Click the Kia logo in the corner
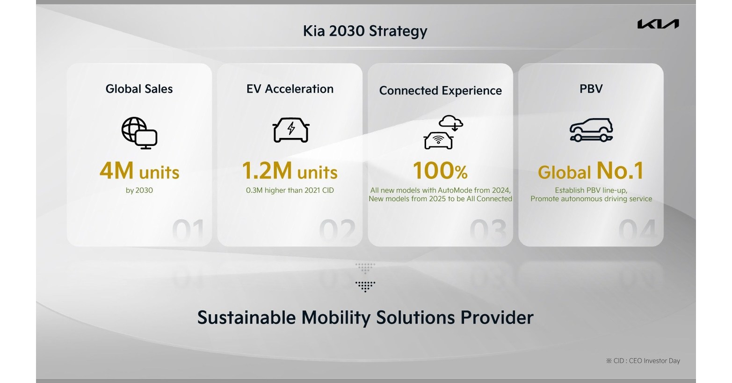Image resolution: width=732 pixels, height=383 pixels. [x=658, y=24]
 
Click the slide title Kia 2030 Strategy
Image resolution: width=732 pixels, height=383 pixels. [x=365, y=31]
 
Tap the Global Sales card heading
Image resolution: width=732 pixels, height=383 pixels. [x=139, y=89]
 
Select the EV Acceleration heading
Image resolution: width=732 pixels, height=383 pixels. [x=290, y=89]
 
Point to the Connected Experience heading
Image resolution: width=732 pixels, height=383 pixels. [x=440, y=91]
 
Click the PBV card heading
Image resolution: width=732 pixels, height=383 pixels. [x=591, y=89]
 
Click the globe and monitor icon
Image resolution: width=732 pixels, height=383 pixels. [x=139, y=133]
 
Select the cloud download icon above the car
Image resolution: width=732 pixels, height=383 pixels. [x=451, y=122]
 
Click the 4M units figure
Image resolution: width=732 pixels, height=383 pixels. [x=139, y=171]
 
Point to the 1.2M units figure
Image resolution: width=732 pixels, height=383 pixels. [x=290, y=171]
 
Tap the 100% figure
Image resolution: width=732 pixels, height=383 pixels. [x=440, y=171]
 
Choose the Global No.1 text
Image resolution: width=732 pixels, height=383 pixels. [x=591, y=171]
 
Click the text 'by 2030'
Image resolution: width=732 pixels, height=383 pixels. [x=139, y=190]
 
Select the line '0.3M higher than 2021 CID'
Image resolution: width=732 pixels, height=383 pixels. [x=290, y=190]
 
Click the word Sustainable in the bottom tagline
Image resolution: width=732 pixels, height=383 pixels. [x=246, y=318]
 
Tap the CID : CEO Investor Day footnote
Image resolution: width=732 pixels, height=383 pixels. [x=643, y=361]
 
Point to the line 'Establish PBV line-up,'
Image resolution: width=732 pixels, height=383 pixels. [x=591, y=190]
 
